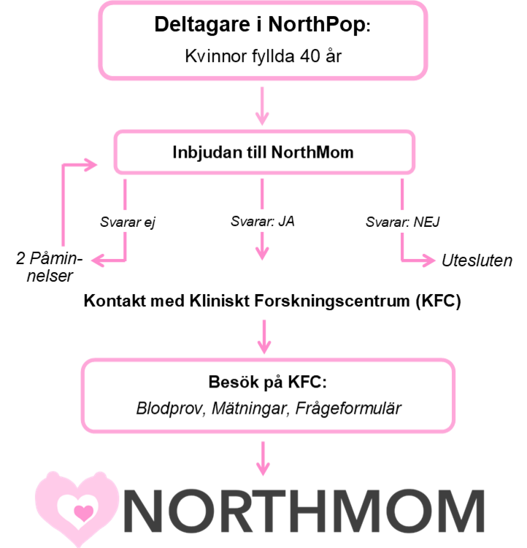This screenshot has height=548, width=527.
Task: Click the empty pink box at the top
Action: pos(263,40)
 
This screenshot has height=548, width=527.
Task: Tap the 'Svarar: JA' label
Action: pos(262,220)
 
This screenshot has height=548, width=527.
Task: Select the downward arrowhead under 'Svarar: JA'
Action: pos(262,252)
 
